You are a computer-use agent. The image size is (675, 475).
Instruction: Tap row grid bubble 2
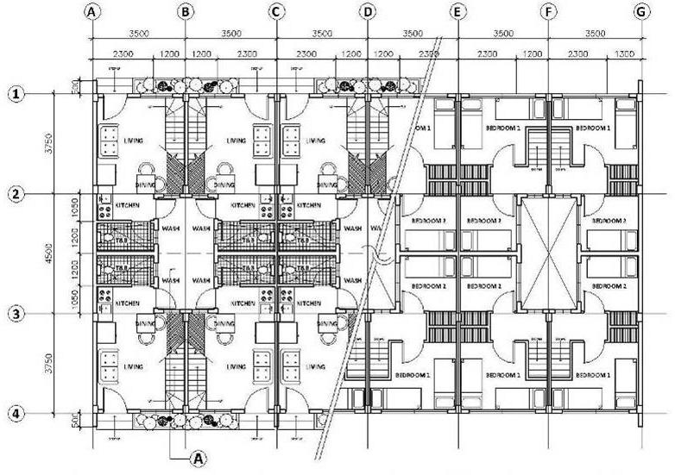[16, 194]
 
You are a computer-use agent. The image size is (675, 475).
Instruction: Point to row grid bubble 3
[16, 314]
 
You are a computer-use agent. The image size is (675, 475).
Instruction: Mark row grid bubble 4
[16, 415]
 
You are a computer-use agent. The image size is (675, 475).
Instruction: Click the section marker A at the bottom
[199, 458]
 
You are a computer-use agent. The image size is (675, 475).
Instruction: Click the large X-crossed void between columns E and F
[549, 253]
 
